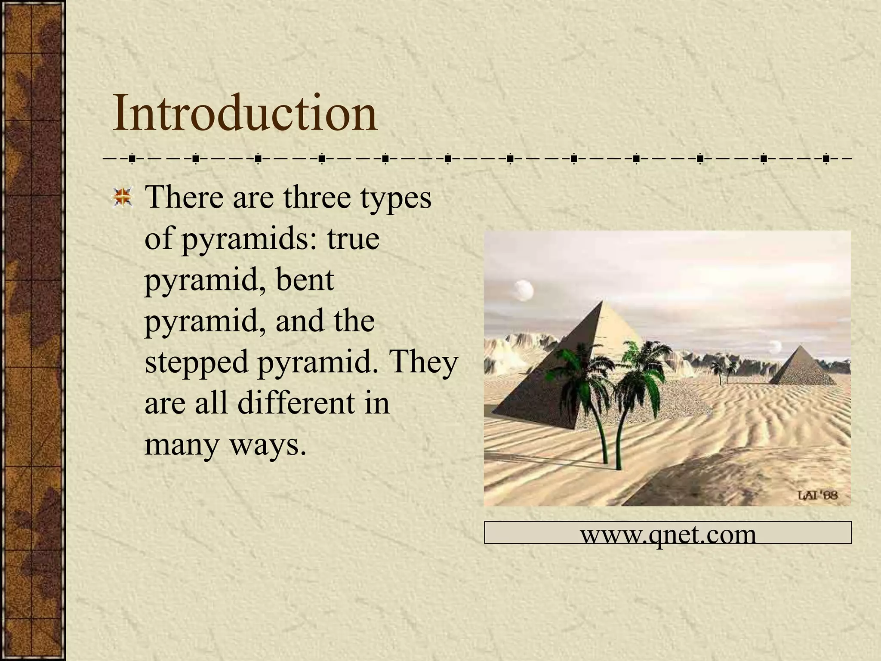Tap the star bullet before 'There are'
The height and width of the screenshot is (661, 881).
point(123,198)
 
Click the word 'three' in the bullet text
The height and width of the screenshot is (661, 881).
point(317,198)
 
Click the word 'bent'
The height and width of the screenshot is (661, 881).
point(305,280)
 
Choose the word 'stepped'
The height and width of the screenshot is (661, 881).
point(197,363)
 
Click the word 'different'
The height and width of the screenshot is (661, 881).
point(296,403)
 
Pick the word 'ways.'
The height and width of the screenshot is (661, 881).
point(268,445)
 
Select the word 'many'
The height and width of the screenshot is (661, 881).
point(182,445)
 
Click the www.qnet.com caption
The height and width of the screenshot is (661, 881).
point(668,534)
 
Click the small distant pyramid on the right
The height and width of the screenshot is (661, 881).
point(801,368)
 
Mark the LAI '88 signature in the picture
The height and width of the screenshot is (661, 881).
point(818,495)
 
